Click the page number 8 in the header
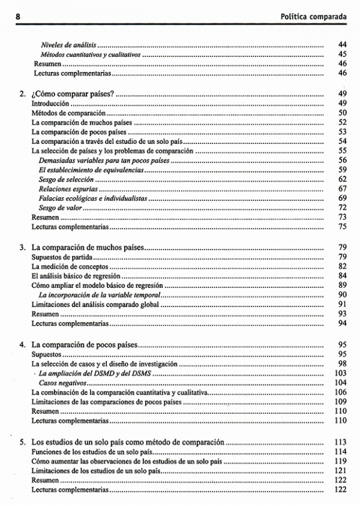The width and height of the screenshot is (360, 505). [19, 16]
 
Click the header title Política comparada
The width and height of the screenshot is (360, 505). [314, 16]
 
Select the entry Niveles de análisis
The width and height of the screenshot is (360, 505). [68, 45]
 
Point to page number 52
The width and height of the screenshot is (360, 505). [343, 122]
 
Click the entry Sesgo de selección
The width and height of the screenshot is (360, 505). [67, 179]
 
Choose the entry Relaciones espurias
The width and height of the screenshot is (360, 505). [68, 189]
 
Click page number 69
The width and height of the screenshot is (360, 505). [343, 198]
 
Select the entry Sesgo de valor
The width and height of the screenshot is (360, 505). [60, 208]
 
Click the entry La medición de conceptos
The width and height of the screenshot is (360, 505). [70, 266]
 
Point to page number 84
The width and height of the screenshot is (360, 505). [343, 276]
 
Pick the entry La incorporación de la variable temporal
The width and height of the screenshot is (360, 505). [100, 295]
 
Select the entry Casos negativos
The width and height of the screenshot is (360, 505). [61, 383]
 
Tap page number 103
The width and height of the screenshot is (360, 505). [341, 373]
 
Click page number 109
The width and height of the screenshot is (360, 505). [341, 401]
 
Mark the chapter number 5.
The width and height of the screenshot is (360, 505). [22, 442]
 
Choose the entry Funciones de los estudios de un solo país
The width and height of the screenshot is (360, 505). [86, 452]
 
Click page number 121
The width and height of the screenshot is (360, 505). [341, 471]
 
